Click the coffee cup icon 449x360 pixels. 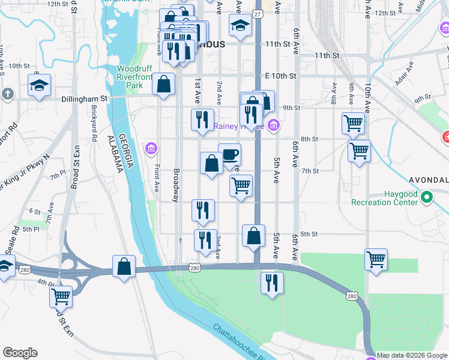tap(229, 155)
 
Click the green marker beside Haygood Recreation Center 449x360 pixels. tap(426, 197)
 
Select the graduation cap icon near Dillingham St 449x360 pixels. tap(39, 85)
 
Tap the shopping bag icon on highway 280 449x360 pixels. tap(123, 266)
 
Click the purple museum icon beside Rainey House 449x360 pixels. tap(274, 125)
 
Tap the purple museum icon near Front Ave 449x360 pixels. tap(150, 148)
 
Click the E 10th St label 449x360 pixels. tap(281, 76)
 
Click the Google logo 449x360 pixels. tap(20, 353)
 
